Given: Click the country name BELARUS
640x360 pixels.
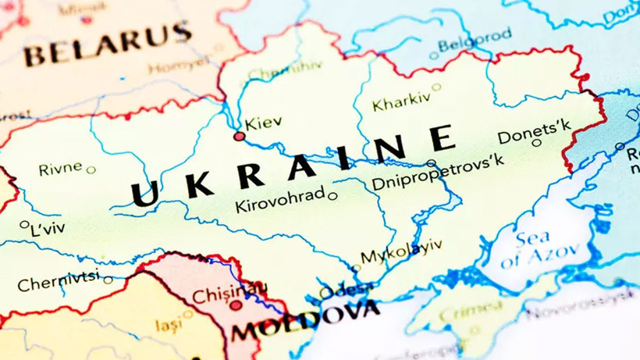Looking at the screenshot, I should (x=107, y=45).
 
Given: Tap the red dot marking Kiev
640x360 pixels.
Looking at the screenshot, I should (x=240, y=137).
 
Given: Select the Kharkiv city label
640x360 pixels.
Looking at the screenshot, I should (x=401, y=102).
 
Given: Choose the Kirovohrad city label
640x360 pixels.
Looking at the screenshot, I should (x=279, y=201).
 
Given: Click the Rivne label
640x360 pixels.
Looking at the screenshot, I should (x=60, y=169).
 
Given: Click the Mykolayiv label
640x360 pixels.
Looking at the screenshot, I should (x=400, y=251).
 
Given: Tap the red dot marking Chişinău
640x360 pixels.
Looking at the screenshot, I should (x=236, y=305).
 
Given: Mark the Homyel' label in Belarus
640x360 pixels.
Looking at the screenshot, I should (x=180, y=67).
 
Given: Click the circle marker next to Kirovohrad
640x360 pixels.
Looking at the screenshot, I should (x=332, y=196).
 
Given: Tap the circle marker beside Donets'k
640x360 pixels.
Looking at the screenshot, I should (x=536, y=142).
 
